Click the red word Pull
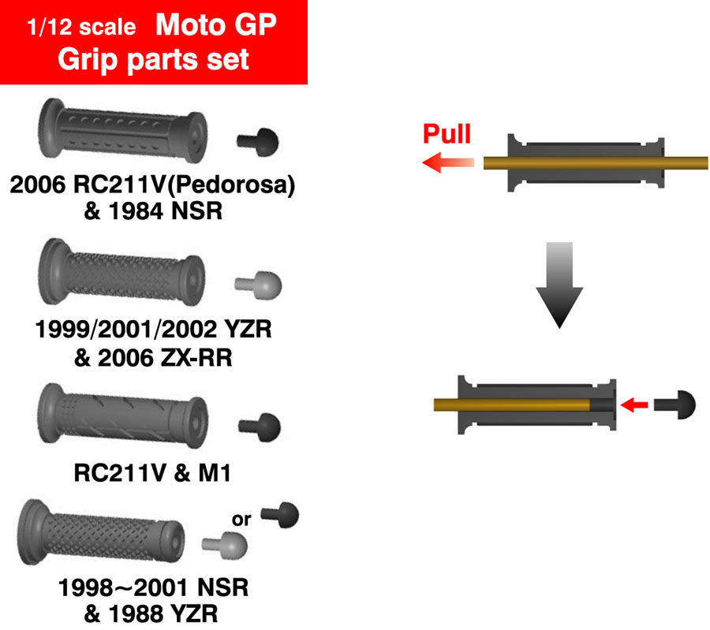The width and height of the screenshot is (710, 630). click(x=447, y=133)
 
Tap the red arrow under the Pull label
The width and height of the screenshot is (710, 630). click(x=447, y=163)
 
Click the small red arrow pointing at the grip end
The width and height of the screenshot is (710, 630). click(x=634, y=405)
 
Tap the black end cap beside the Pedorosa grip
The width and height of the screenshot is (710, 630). click(x=258, y=142)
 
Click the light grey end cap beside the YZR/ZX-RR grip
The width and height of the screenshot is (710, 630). click(x=258, y=285)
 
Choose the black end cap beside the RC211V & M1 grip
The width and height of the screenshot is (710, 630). click(x=259, y=427)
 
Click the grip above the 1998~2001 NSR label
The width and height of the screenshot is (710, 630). click(x=103, y=530)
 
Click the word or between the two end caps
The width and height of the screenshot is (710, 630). click(x=241, y=519)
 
